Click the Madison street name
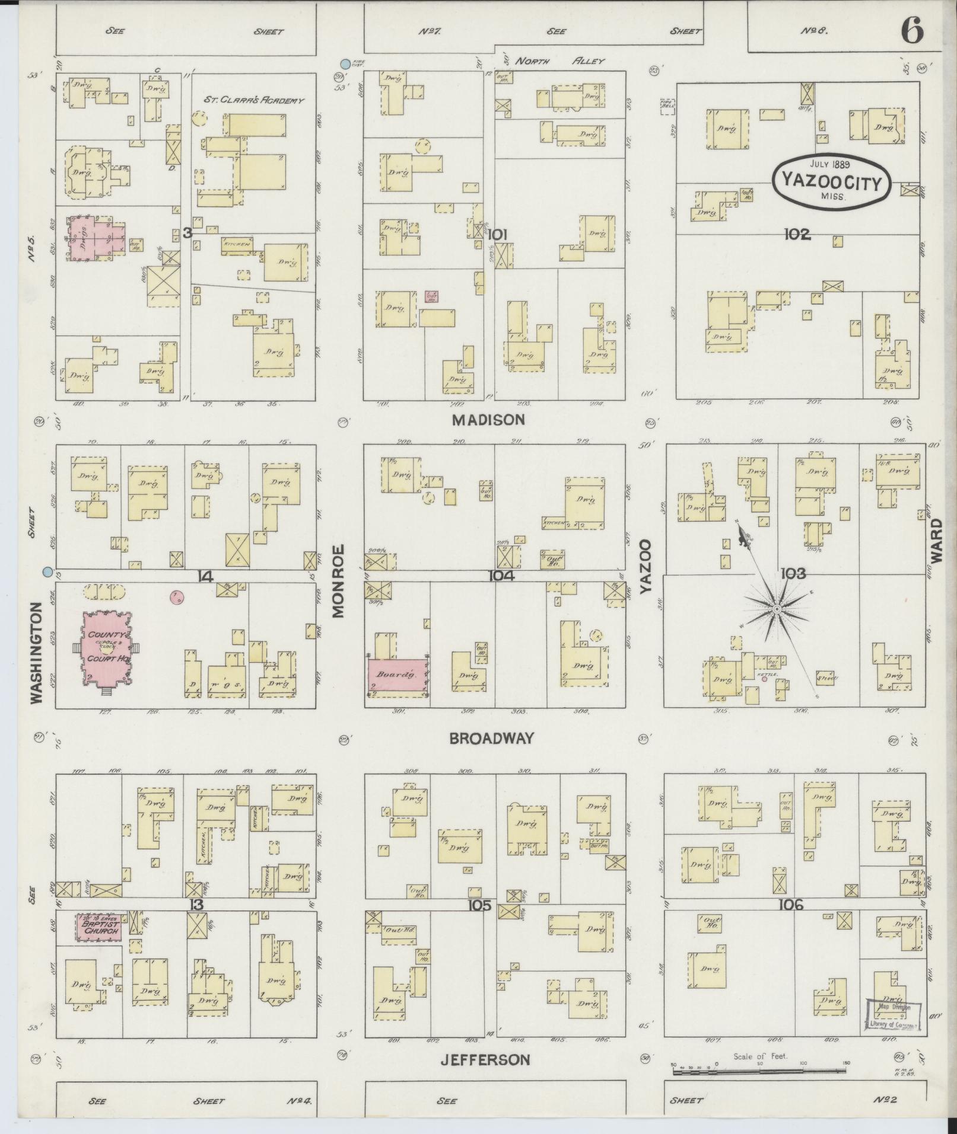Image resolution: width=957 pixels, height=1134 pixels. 488,420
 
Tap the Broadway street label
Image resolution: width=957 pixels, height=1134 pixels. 492,738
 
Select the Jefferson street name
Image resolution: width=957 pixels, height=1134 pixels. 485,1059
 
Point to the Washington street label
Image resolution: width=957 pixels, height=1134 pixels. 37,653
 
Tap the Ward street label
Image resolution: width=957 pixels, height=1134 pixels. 936,540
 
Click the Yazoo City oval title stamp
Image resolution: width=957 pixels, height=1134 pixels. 831,181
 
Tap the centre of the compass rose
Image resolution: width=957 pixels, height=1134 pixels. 777,609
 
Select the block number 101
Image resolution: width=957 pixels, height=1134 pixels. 497,235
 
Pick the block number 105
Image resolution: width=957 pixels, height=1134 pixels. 479,905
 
